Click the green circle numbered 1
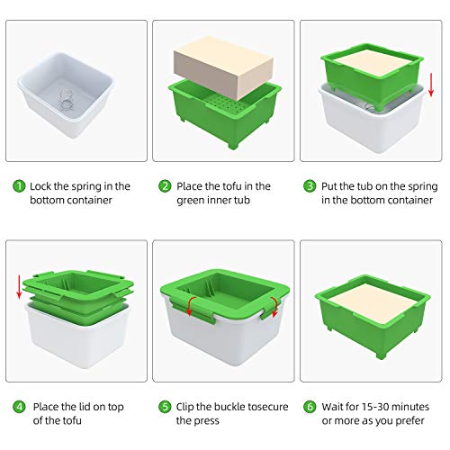[19, 186]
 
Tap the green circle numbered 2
[165, 186]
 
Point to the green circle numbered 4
[19, 405]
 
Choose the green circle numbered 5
[165, 405]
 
